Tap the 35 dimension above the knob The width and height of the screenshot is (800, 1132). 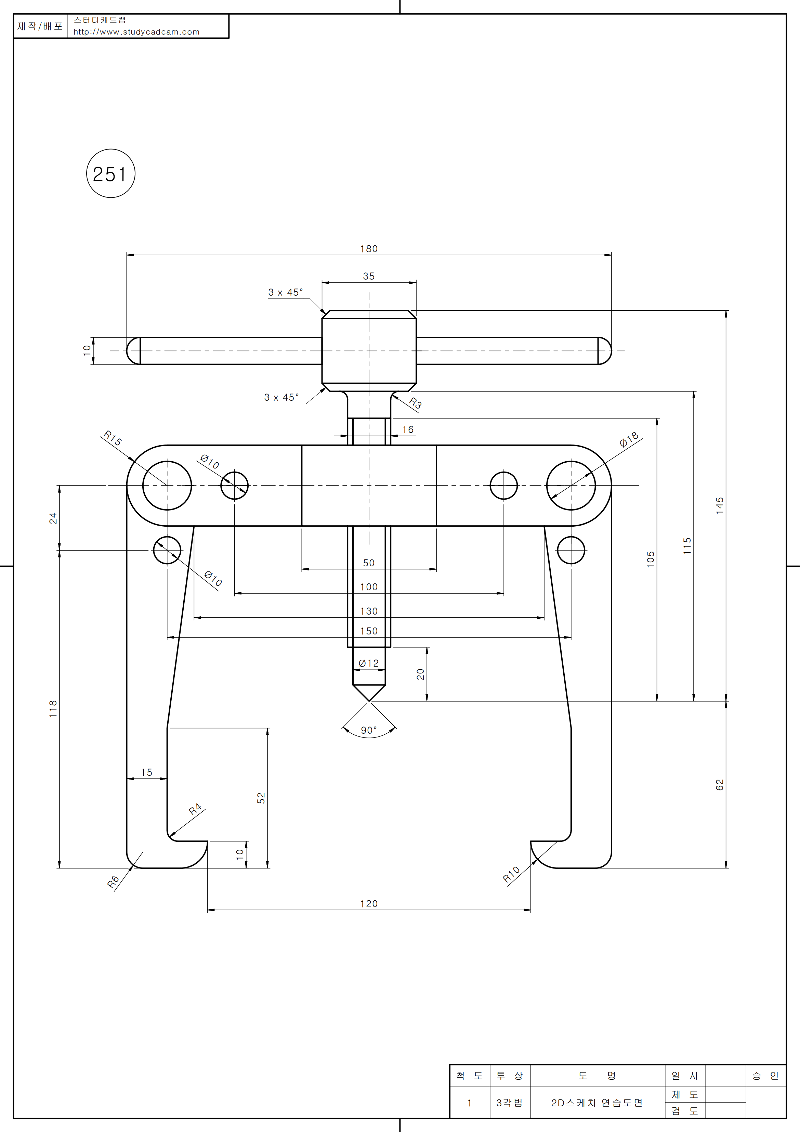(369, 276)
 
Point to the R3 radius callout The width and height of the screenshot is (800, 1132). (415, 404)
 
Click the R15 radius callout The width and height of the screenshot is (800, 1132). (113, 438)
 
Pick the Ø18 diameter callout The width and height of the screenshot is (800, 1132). (629, 439)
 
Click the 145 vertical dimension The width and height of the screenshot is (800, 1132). (720, 506)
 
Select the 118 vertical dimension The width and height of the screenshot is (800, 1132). (53, 708)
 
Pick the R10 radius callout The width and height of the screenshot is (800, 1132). (511, 874)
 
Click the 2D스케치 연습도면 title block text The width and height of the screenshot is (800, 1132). (596, 1103)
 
